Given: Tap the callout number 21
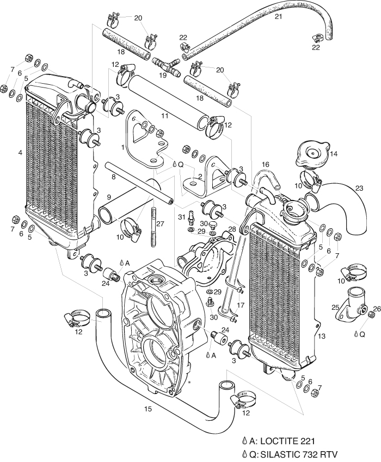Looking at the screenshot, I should [x=278, y=17].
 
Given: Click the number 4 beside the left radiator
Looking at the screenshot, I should [x=20, y=153].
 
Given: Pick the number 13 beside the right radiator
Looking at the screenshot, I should [x=322, y=336].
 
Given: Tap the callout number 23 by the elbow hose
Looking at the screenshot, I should [x=359, y=189].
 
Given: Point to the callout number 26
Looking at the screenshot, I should [x=375, y=309].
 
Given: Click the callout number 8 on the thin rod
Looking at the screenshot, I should [x=113, y=177].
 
